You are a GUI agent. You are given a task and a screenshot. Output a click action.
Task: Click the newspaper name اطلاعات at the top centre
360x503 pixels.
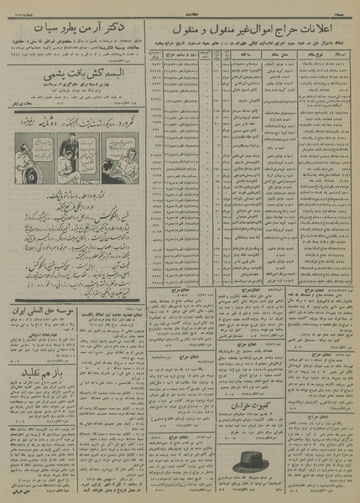tap(180, 4)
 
